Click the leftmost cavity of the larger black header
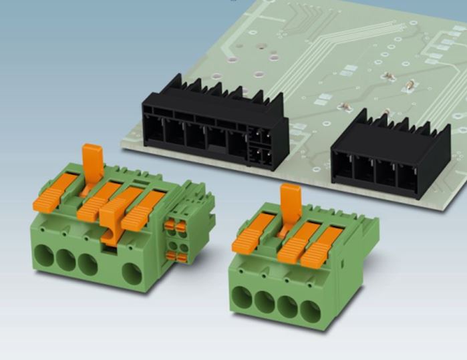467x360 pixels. click(154, 130)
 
